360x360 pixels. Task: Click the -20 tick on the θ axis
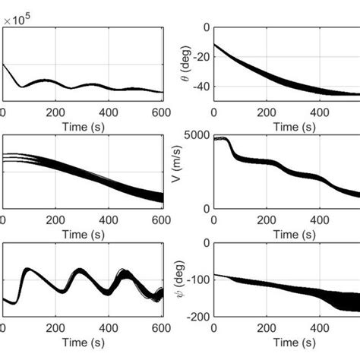(x=200, y=60)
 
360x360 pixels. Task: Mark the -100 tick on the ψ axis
(x=197, y=279)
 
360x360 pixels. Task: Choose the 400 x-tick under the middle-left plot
(x=110, y=222)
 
